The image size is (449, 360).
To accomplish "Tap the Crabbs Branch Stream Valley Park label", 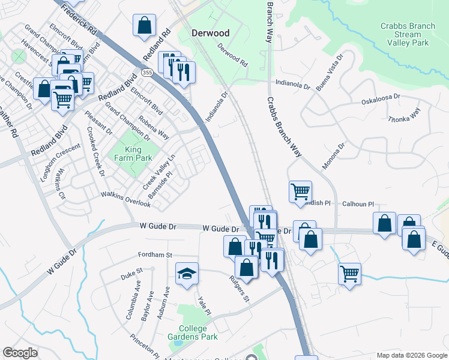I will [408, 34].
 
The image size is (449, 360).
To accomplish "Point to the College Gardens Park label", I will [192, 332].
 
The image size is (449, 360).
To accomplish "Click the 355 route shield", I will [147, 73].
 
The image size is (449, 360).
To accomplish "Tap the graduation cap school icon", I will [187, 274].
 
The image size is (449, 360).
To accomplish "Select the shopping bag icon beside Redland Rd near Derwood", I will [145, 26].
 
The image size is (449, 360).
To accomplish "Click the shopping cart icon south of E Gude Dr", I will [349, 273].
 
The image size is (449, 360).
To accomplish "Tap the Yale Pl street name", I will [204, 305].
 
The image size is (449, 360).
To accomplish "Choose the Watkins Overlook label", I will [125, 199].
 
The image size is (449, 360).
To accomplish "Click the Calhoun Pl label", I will [358, 204].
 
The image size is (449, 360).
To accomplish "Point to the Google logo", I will [20, 353].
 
